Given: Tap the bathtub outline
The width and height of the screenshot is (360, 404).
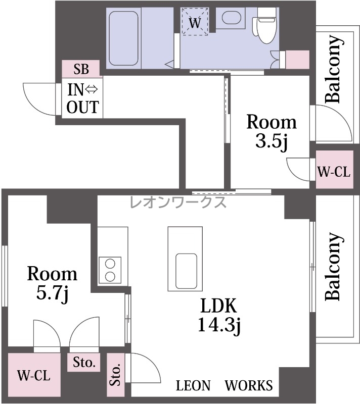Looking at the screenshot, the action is tap(123, 38).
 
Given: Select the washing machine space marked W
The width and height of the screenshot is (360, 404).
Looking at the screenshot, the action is tap(195, 22).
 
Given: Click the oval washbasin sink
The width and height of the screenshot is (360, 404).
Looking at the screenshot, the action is tap(232, 18).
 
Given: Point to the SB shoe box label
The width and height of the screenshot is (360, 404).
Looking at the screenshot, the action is tap(81, 69).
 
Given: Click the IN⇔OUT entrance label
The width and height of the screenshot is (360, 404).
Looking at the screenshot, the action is tap(82, 98).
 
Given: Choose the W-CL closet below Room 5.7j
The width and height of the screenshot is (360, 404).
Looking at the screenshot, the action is tap(34, 375).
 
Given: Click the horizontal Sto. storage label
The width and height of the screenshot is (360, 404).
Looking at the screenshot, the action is tap(84, 362).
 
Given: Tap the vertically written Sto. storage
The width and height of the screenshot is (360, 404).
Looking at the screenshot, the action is tap(115, 375).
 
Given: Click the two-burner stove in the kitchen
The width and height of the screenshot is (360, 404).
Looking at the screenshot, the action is tap(110, 270).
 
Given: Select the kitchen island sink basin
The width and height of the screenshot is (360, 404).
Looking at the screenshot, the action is tap(186, 271).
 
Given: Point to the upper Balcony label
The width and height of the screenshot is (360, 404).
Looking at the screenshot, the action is tap(335, 69).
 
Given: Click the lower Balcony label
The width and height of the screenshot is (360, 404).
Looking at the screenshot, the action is tap(335, 267).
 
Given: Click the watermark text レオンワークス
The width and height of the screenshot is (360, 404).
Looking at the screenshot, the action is tap(178, 202).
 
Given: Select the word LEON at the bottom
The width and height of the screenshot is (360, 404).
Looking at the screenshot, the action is tap(193, 385).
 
